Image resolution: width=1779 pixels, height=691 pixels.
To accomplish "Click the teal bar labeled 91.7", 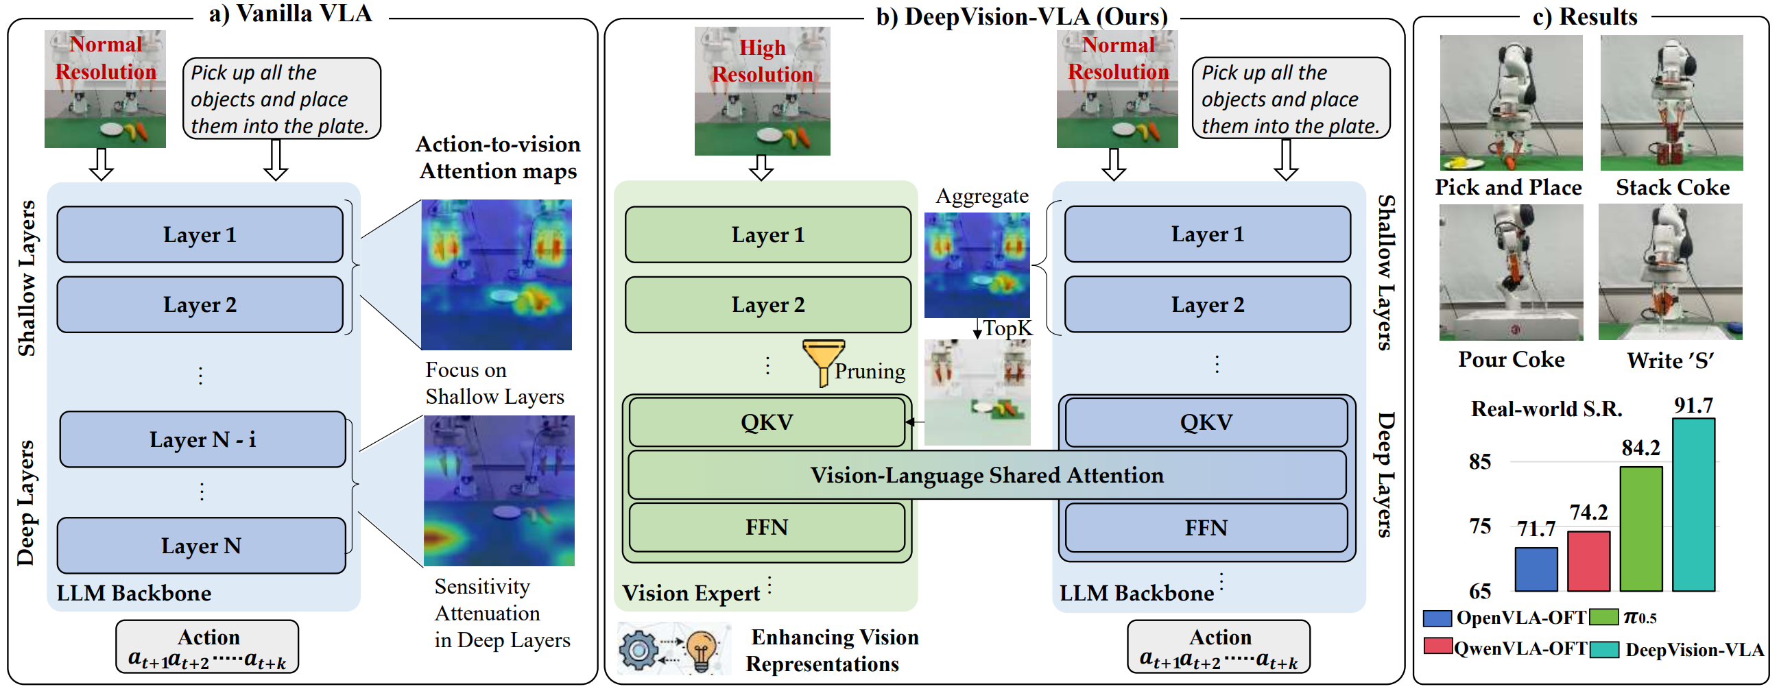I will (x=1693, y=505).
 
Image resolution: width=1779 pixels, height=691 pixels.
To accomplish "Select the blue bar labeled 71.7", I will (x=1536, y=569).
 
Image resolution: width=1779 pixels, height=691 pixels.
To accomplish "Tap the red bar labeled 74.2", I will (x=1588, y=561).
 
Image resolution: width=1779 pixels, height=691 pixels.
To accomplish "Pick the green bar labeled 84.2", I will (x=1641, y=529).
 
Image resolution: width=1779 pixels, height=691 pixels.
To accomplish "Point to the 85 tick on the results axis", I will (x=1479, y=461).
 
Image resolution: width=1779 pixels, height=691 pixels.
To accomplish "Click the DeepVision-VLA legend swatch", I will (x=1605, y=650).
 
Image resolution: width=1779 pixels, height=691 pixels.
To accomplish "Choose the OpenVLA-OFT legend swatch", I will (x=1437, y=618).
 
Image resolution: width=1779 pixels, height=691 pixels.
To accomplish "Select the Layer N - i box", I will (x=202, y=439).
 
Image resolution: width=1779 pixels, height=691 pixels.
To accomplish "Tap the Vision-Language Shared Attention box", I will (x=986, y=475).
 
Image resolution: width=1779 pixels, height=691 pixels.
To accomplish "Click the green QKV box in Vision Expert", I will (x=767, y=422).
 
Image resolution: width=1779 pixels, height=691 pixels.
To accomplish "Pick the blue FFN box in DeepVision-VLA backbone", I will (x=1206, y=528).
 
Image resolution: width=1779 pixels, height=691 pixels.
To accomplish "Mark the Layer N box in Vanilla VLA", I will (x=201, y=546).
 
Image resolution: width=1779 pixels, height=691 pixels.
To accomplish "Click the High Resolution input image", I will (x=762, y=91).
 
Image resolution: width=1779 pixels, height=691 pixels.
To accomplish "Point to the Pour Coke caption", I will (x=1511, y=360).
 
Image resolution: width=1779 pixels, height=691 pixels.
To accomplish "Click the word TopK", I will (x=1007, y=328).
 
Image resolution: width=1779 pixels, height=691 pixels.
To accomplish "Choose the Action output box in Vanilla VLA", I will (x=207, y=646).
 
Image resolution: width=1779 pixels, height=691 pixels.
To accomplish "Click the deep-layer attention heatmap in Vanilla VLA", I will (x=499, y=491).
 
